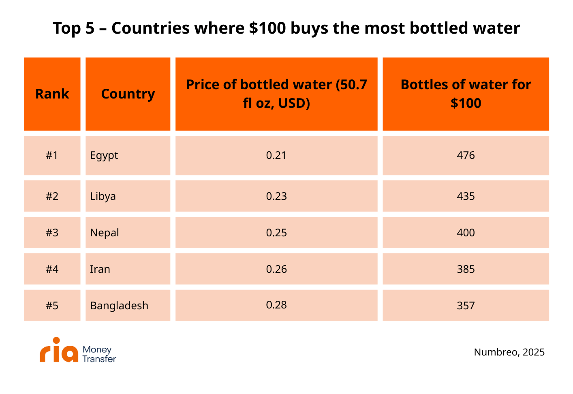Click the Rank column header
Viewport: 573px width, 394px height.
(52, 94)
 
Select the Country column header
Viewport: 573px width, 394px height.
(128, 94)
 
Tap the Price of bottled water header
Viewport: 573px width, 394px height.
(276, 94)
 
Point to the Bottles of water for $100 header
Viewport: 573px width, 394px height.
(466, 94)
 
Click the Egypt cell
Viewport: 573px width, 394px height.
(128, 156)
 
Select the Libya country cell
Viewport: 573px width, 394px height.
(128, 196)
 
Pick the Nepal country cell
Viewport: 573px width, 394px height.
(128, 233)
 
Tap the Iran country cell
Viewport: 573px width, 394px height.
(128, 269)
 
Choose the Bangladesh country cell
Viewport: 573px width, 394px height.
(128, 306)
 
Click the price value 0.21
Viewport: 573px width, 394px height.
(276, 155)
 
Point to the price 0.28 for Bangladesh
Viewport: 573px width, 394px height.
(276, 305)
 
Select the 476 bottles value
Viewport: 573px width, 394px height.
(466, 155)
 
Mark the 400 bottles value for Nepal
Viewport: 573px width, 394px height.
(466, 233)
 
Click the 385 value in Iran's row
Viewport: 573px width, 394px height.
(466, 269)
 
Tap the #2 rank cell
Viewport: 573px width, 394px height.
(52, 196)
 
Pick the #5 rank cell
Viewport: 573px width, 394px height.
(52, 306)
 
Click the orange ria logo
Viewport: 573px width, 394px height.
(59, 350)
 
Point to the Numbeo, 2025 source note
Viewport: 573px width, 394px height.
(509, 352)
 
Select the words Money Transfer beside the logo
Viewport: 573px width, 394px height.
(99, 354)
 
